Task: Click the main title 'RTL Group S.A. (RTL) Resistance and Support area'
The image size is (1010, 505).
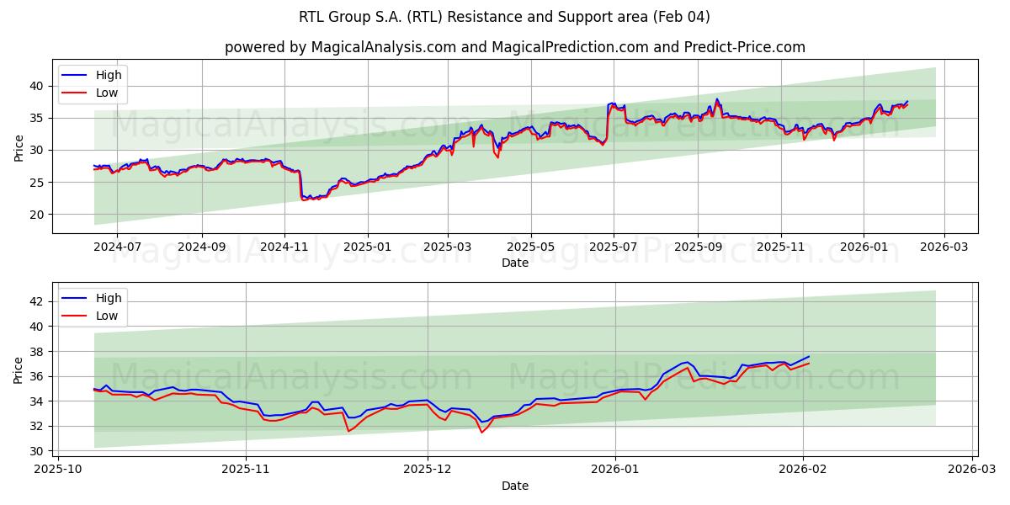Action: click(x=504, y=17)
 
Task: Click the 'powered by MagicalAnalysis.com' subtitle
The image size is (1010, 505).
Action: click(x=514, y=47)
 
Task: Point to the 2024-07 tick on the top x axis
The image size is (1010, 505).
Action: click(x=116, y=247)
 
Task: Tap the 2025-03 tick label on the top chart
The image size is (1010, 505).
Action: click(x=447, y=247)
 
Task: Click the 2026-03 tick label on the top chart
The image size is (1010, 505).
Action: click(x=944, y=247)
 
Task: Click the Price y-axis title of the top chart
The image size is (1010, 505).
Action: click(x=19, y=146)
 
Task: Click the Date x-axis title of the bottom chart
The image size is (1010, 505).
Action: click(x=514, y=486)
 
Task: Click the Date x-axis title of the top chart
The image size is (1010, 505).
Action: click(x=514, y=263)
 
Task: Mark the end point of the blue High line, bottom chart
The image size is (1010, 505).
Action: click(x=809, y=356)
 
